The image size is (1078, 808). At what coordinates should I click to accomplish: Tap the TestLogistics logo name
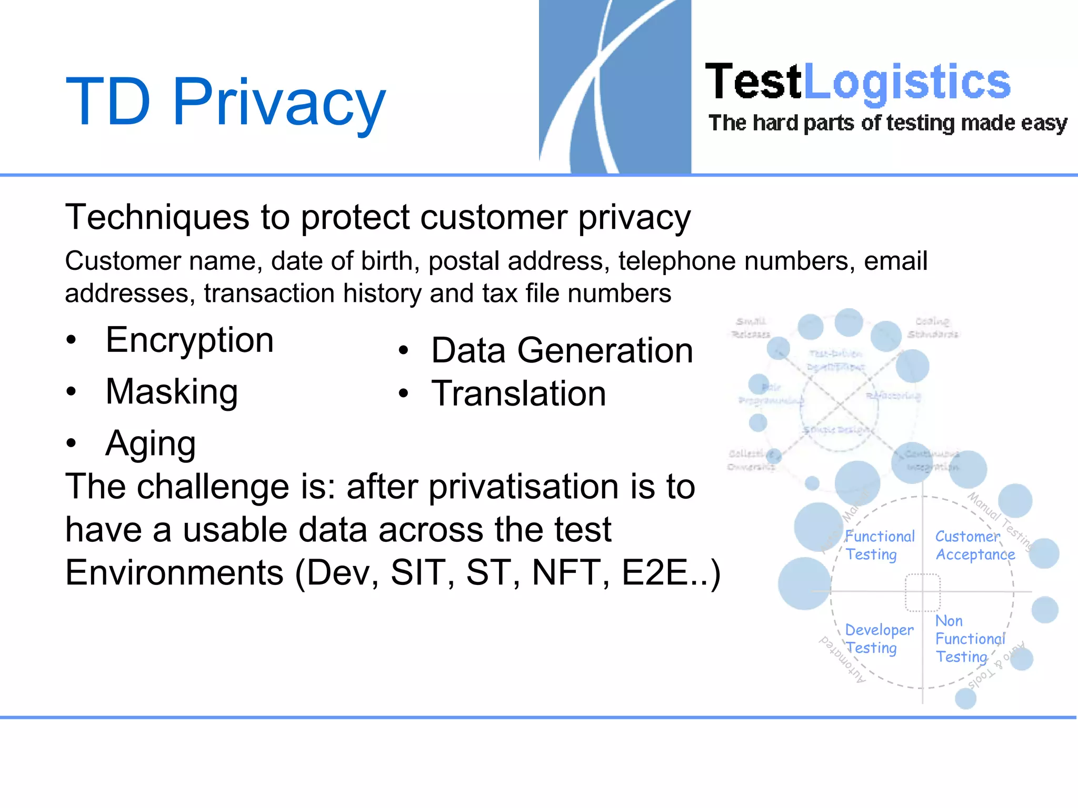click(x=857, y=82)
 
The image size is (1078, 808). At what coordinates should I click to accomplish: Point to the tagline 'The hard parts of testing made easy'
click(x=887, y=123)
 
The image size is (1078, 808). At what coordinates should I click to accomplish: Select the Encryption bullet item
click(x=189, y=340)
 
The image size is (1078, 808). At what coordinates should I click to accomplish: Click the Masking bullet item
click(x=172, y=392)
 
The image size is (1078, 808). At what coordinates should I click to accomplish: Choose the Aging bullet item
click(x=151, y=443)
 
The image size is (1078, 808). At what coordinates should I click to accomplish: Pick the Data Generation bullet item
click(x=562, y=350)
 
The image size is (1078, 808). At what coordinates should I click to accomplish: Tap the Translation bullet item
click(x=518, y=393)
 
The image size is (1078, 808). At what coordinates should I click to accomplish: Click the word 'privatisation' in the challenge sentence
click(x=522, y=486)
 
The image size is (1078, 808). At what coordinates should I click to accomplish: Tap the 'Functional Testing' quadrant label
click(x=879, y=546)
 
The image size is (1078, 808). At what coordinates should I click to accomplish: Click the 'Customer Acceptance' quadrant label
click(x=974, y=546)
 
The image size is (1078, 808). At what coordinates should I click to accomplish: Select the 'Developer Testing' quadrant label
click(x=879, y=639)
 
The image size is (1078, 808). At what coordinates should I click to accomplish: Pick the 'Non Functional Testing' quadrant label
click(x=969, y=639)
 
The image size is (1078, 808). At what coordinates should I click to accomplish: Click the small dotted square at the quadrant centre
click(x=923, y=592)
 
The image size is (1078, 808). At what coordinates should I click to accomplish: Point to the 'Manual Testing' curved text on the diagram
click(x=1000, y=521)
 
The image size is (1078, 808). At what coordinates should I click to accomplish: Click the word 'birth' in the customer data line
click(x=385, y=261)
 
